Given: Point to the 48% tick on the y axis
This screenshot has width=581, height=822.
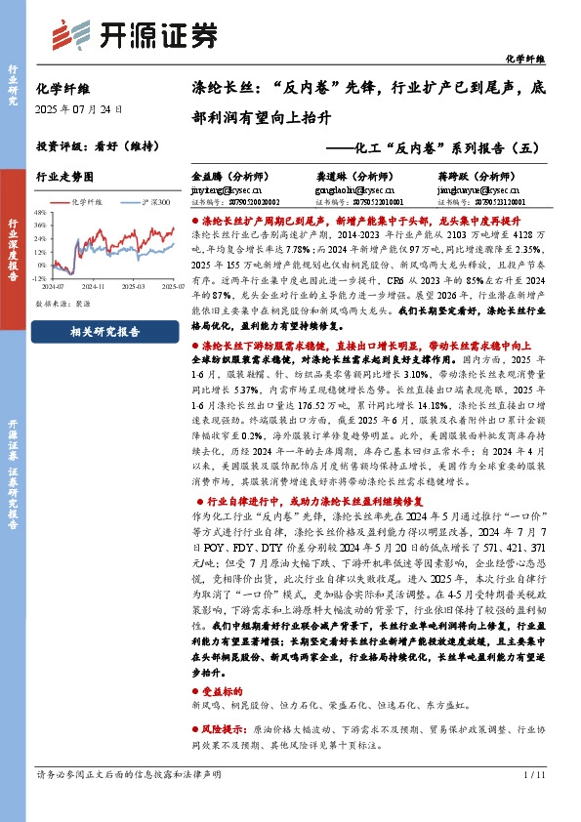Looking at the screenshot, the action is tap(40, 211).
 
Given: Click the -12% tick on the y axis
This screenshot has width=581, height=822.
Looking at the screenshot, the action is tap(39, 277).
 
